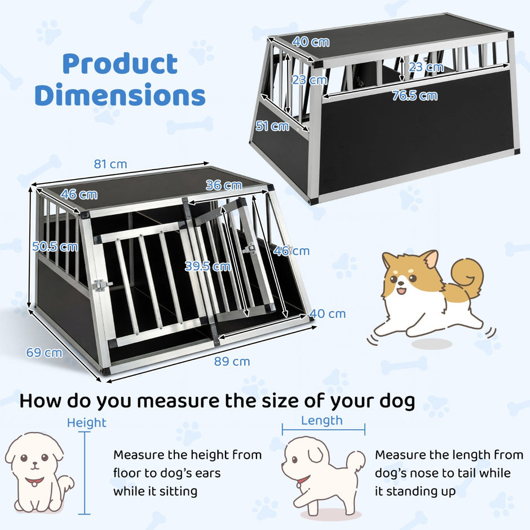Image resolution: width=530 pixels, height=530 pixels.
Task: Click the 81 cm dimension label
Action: (111, 164)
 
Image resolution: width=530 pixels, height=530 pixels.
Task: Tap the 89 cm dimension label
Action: (232, 361)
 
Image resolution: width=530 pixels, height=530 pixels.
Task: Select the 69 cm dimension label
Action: (45, 352)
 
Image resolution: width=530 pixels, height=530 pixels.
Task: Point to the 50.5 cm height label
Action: (55, 246)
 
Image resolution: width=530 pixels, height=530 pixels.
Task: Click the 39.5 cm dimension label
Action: (208, 266)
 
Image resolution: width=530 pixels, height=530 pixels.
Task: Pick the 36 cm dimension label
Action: (224, 185)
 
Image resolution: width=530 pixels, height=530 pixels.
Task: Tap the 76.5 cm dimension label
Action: (415, 96)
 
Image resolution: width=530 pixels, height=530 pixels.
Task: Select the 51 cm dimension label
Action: (272, 126)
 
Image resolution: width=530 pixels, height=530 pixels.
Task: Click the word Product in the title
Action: (120, 64)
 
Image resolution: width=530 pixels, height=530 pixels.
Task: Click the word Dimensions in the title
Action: (120, 94)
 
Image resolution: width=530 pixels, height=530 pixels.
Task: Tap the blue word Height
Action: (86, 423)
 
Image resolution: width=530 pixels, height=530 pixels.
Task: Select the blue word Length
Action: (322, 421)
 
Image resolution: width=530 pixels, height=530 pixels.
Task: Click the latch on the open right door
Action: (249, 249)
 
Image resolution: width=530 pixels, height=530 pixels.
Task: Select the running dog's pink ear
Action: (430, 259)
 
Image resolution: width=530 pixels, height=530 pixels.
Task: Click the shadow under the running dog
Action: (432, 344)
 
